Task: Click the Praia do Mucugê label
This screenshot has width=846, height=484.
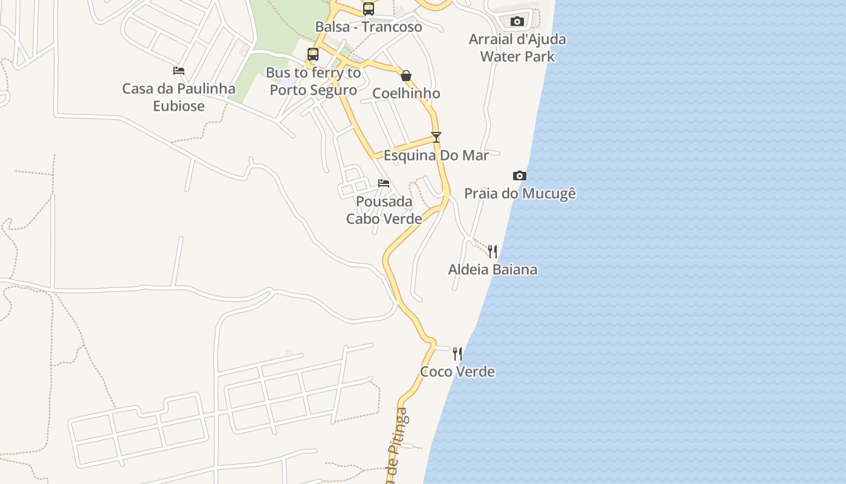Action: (520, 194)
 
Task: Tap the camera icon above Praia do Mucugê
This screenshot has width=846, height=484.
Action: (520, 176)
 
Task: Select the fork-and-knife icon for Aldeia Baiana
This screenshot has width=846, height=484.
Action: (493, 251)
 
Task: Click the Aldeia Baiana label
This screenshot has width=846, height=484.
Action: (492, 269)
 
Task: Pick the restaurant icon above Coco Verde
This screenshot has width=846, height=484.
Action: (457, 353)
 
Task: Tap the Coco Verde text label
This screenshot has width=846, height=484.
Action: (457, 371)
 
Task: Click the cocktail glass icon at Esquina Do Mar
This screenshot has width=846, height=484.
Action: (436, 137)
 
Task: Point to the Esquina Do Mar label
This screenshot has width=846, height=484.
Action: (436, 155)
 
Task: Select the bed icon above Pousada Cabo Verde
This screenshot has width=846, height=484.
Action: (384, 183)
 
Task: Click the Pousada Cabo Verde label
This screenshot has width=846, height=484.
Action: (384, 210)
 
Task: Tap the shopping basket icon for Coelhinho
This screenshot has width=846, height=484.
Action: (406, 76)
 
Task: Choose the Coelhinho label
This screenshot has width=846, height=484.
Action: (406, 93)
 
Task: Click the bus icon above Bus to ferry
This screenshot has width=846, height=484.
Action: (313, 54)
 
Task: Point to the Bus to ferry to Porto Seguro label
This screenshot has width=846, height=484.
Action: (313, 81)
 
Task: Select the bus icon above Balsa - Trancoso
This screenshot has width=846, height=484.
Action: (369, 9)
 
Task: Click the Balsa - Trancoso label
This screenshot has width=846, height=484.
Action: (369, 27)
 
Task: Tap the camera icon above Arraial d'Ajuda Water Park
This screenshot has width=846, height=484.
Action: (517, 22)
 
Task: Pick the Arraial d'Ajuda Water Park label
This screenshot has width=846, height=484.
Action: (517, 48)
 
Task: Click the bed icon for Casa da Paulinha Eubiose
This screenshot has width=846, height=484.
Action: (179, 71)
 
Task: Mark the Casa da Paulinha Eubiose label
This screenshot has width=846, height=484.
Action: (179, 97)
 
